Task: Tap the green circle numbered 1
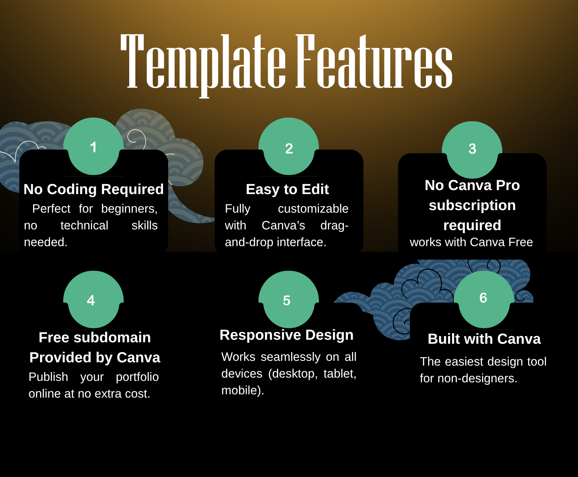click(x=94, y=147)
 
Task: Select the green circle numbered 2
click(x=289, y=147)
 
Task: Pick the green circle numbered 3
click(x=472, y=149)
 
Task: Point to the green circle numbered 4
click(x=93, y=300)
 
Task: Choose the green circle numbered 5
click(x=288, y=300)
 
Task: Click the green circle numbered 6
click(x=484, y=299)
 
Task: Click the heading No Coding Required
click(x=94, y=189)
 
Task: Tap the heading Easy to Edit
click(x=287, y=189)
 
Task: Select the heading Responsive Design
click(x=286, y=335)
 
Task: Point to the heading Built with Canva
click(x=484, y=339)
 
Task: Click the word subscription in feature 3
click(x=472, y=205)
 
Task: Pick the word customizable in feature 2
click(x=313, y=209)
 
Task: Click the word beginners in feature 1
click(x=129, y=209)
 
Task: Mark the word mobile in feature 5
click(x=241, y=390)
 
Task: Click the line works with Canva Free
click(x=471, y=242)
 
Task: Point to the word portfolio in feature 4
click(x=137, y=377)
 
